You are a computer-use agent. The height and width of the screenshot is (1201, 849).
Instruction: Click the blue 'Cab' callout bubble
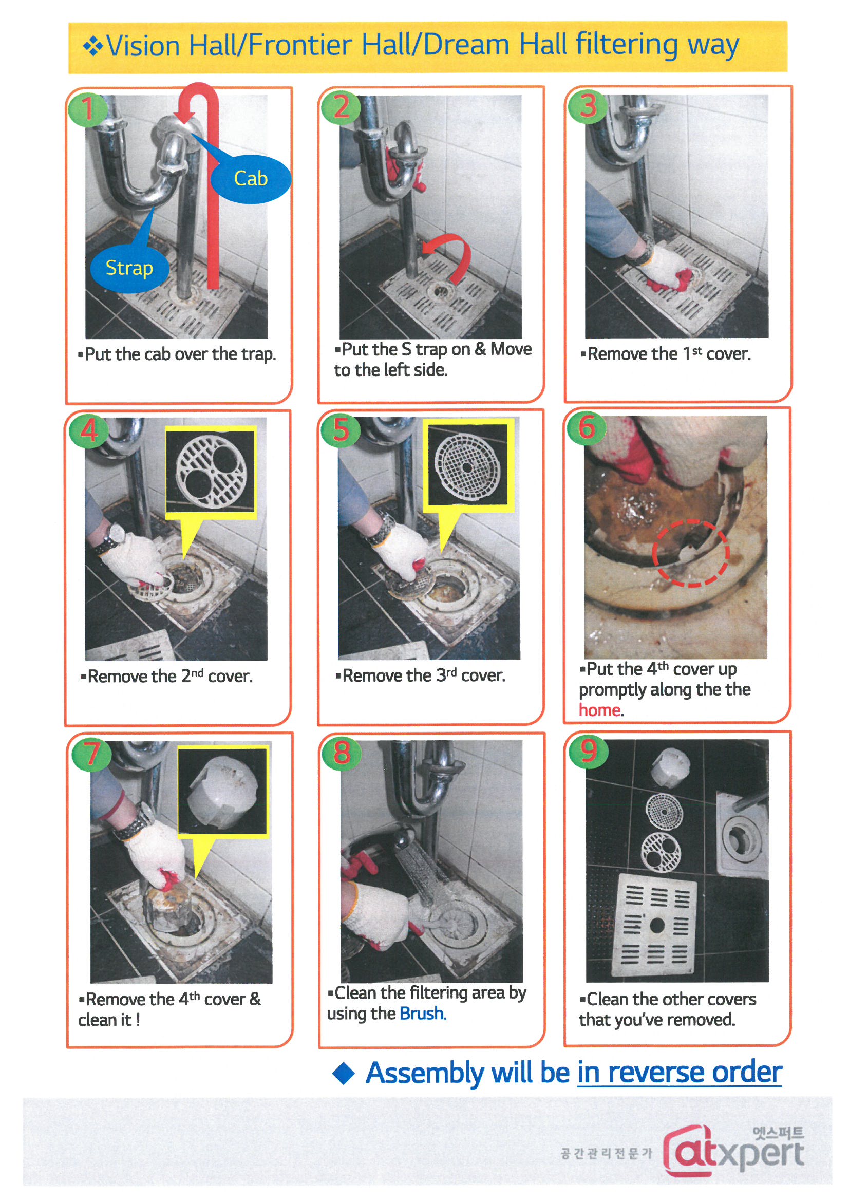251,179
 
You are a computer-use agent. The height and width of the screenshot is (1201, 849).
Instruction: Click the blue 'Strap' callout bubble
129,268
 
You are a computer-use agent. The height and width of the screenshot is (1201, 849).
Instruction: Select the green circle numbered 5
341,429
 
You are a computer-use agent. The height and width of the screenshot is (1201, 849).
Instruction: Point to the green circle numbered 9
588,750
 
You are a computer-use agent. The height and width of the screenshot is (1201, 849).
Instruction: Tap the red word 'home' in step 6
599,710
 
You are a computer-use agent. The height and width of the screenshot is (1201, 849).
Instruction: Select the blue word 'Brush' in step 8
422,1014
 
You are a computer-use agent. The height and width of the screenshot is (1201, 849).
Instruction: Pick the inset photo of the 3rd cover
468,464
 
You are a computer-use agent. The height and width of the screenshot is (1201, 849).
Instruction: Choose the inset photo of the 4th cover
223,792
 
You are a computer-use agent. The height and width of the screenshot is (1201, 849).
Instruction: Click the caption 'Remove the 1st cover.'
666,354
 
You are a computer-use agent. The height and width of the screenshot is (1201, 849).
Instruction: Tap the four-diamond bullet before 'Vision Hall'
93,46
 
